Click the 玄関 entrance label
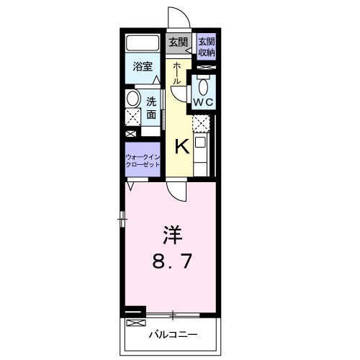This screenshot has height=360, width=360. pyautogui.click(x=178, y=42)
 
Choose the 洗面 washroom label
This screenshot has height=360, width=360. pyautogui.click(x=152, y=107)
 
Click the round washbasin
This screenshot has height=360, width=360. pyautogui.click(x=132, y=99)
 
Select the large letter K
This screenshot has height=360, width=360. pyautogui.click(x=182, y=146)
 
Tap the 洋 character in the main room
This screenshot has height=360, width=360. pyautogui.click(x=171, y=233)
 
